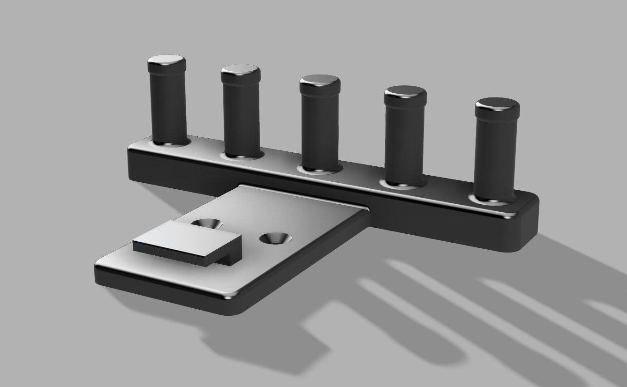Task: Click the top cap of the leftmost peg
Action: (166, 60)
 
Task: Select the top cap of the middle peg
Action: (320, 81)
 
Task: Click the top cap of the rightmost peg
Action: (497, 104)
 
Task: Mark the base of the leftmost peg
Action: (170, 141)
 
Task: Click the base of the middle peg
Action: (321, 168)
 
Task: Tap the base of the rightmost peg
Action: (494, 199)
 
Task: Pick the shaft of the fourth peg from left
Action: (405, 141)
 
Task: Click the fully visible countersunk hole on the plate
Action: (276, 238)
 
